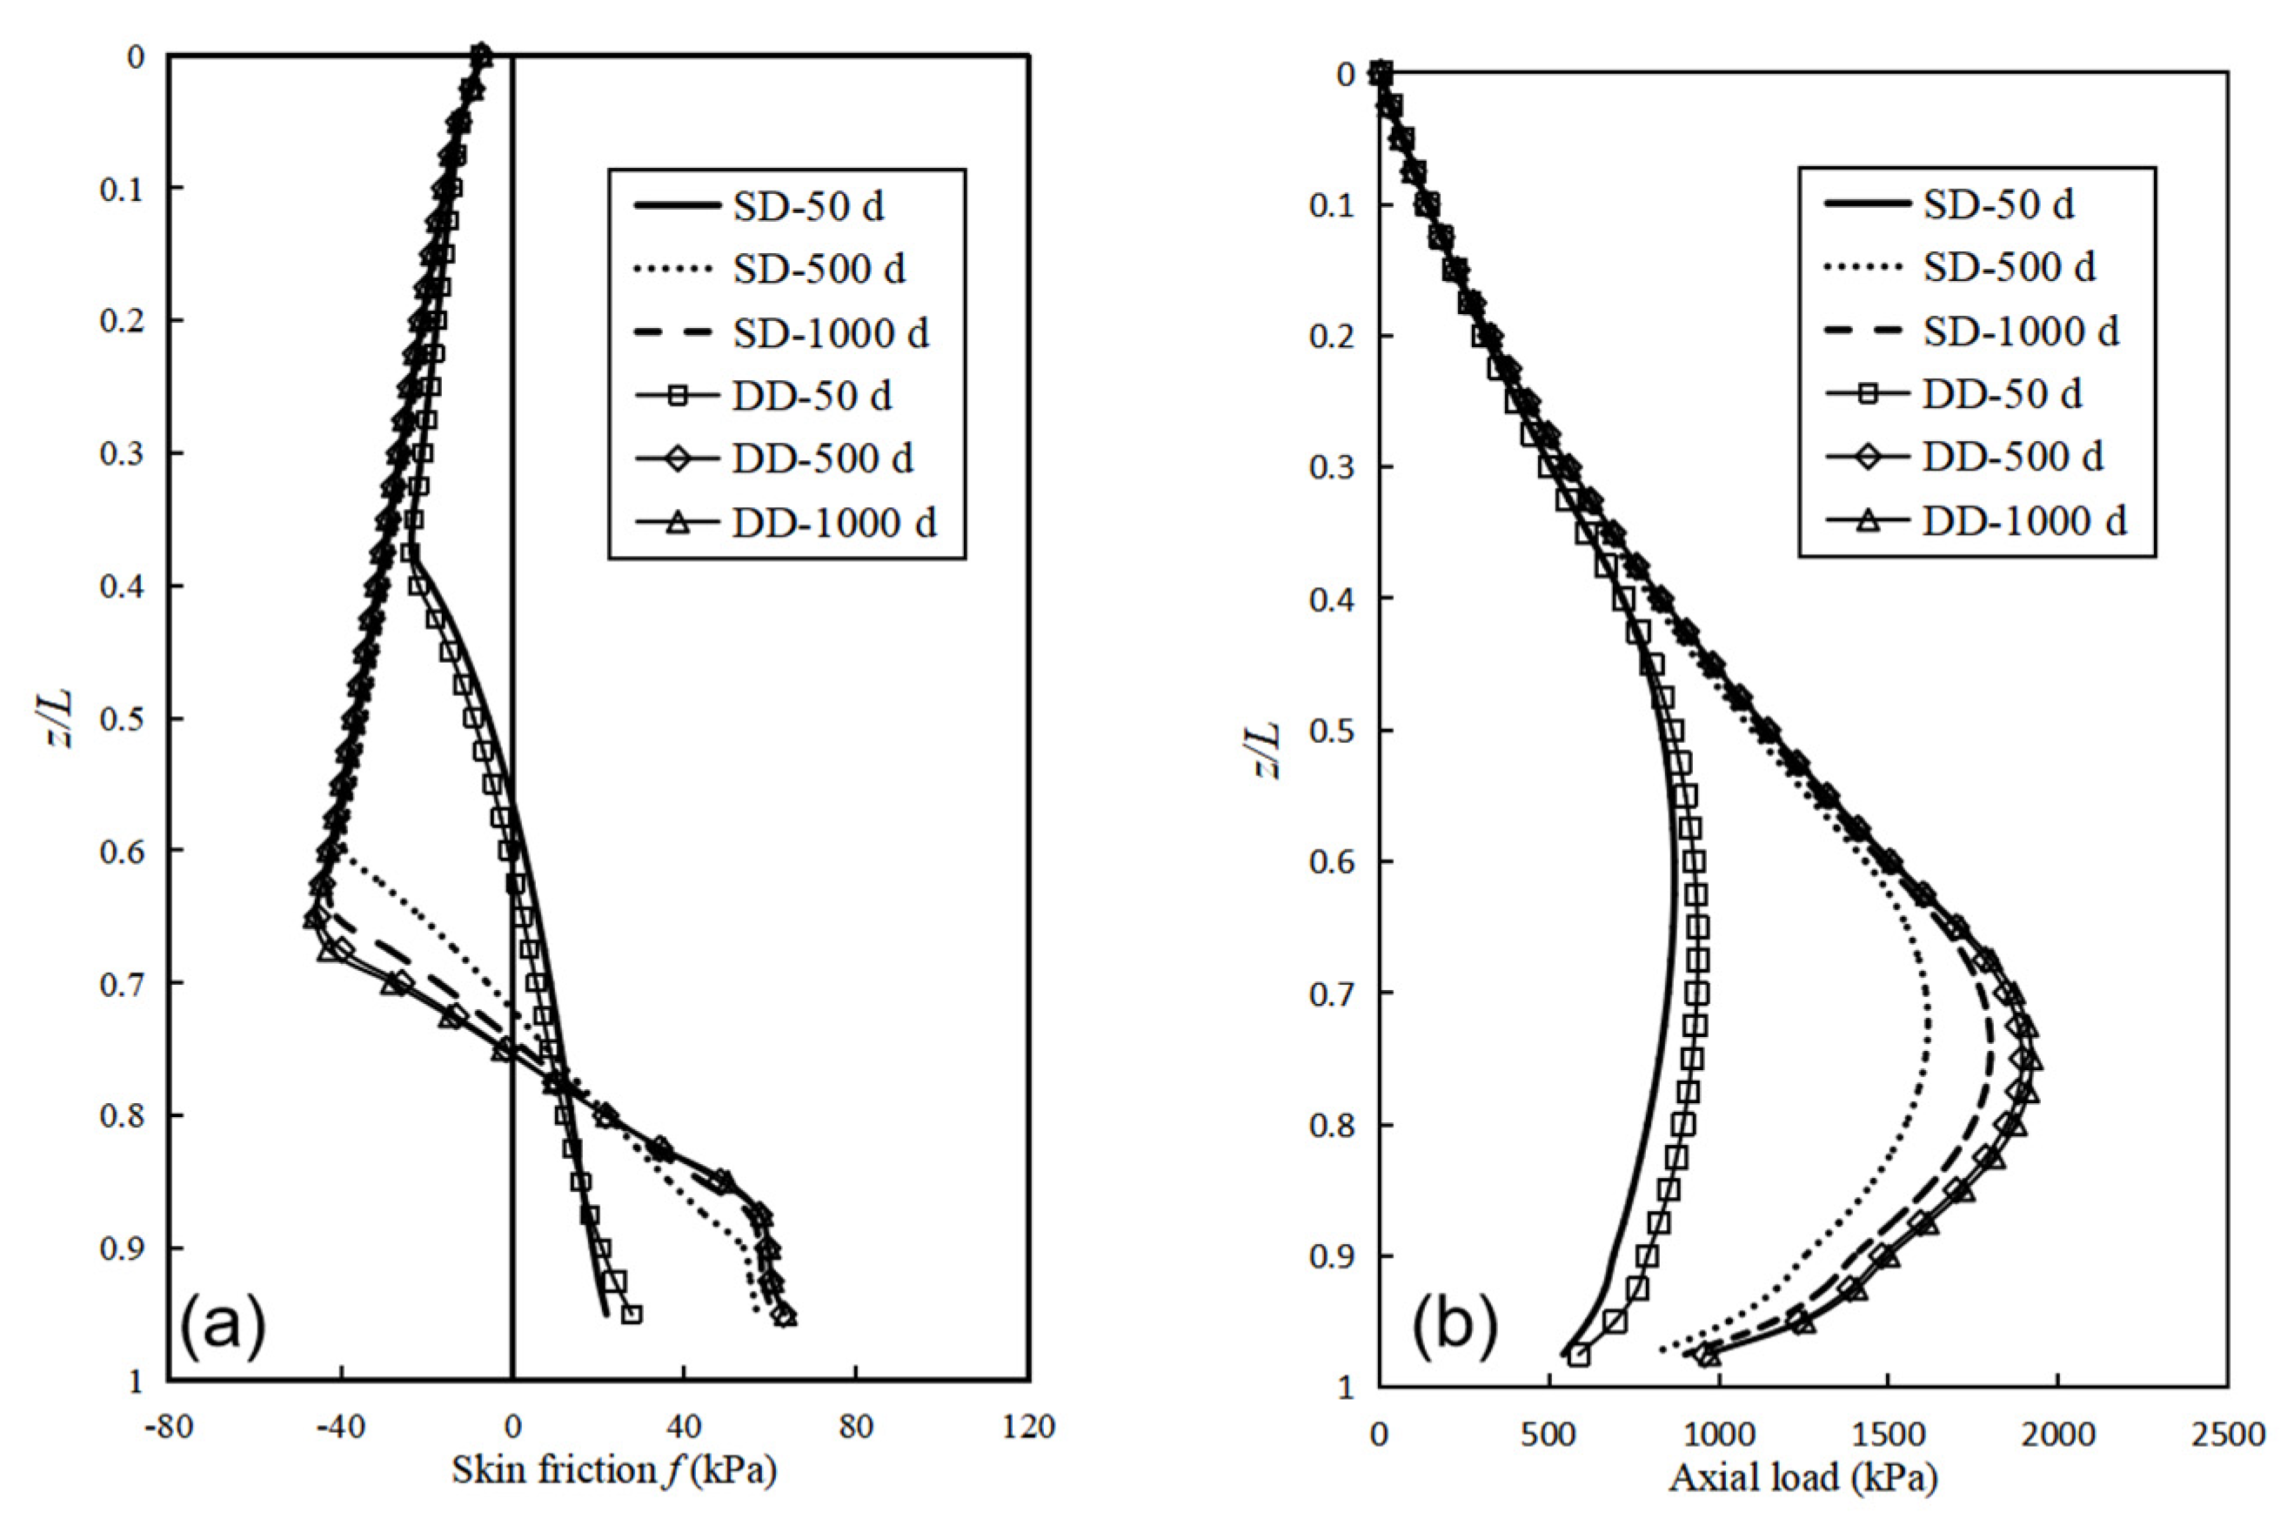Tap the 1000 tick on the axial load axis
coord(1718,1435)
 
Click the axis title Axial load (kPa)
coord(1803,1477)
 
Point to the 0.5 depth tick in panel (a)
coord(122,718)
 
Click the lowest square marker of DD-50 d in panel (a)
coord(632,1315)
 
